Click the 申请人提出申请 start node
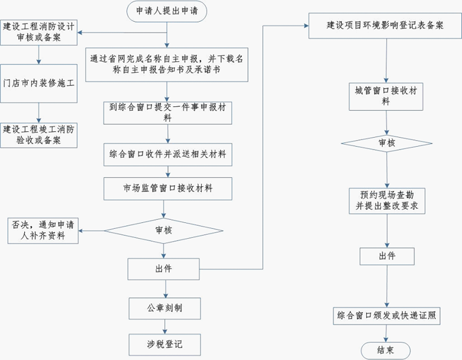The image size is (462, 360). [167, 11]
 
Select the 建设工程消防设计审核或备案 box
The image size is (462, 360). [39, 32]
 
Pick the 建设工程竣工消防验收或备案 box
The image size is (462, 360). [39, 134]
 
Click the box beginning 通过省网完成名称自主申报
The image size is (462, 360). [167, 64]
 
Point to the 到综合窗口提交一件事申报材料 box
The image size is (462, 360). [167, 112]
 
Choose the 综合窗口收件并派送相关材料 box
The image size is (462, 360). [167, 155]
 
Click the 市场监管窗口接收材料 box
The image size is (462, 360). [167, 189]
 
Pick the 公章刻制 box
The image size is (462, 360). [164, 308]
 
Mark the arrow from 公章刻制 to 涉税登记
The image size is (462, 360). [164, 326]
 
